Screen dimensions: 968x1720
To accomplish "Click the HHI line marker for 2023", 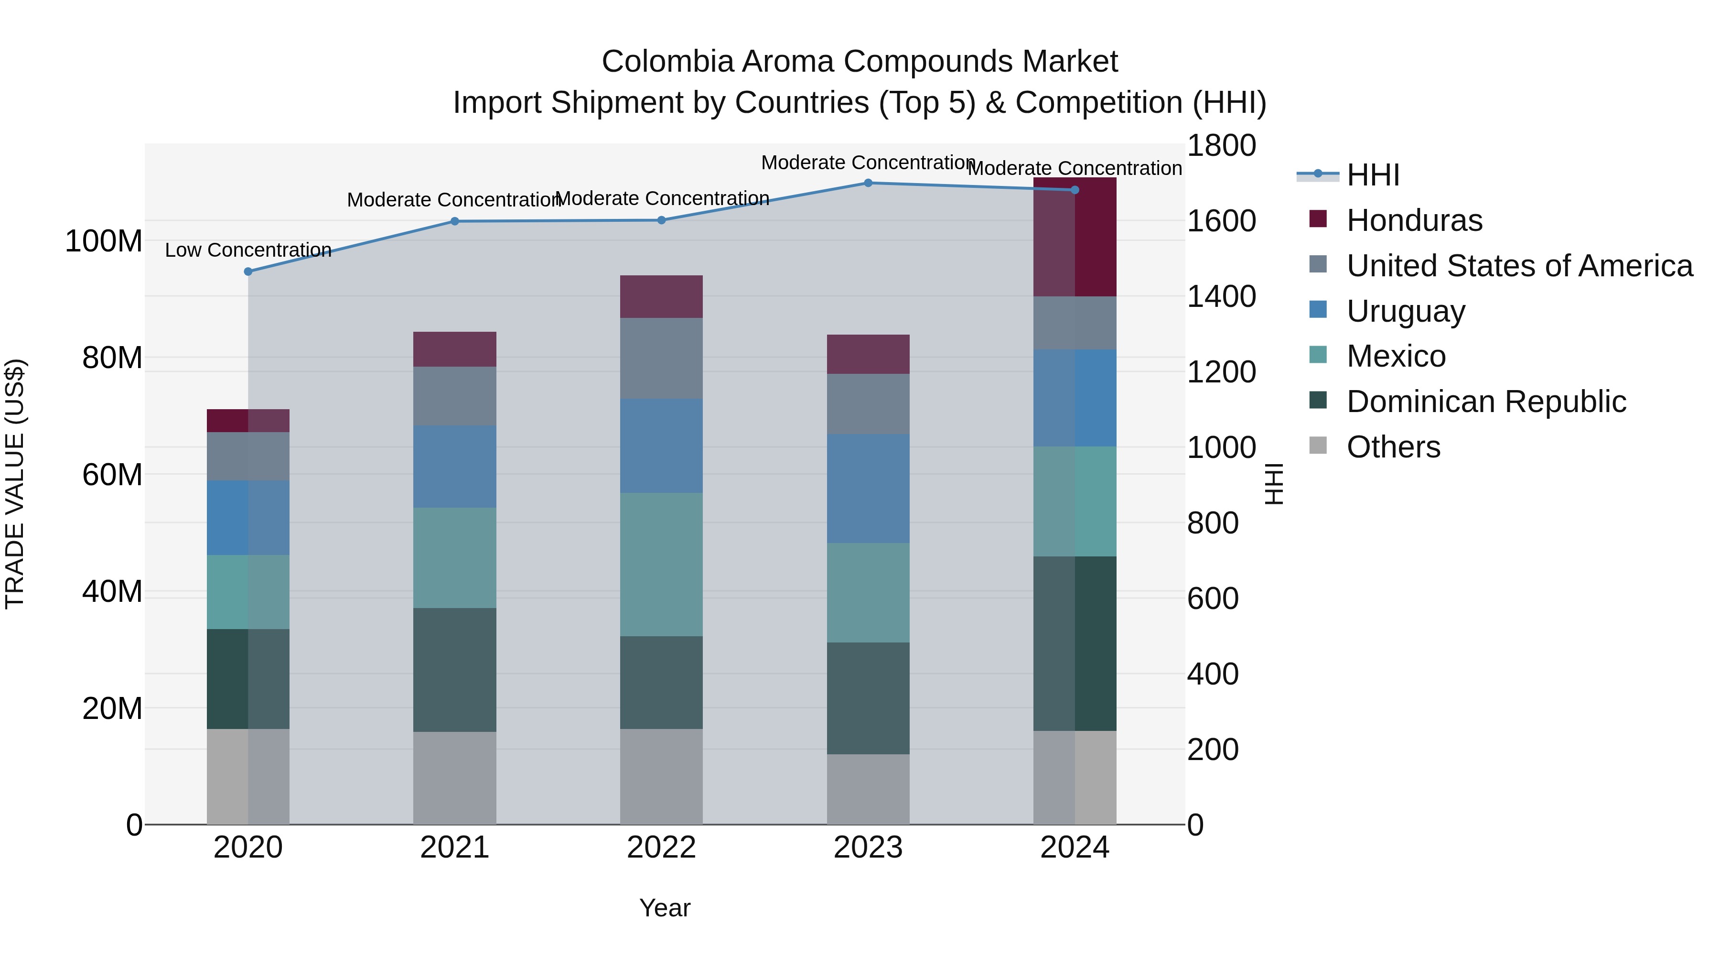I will coord(868,183).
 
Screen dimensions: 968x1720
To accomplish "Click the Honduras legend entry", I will coord(1414,220).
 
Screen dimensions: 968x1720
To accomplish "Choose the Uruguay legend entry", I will coord(1406,311).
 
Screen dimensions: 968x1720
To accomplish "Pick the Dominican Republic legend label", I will coord(1486,402).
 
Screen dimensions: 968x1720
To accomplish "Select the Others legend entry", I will coord(1394,447).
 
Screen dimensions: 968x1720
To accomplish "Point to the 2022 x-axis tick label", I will coord(661,848).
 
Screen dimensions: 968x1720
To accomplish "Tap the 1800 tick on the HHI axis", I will coord(1221,146).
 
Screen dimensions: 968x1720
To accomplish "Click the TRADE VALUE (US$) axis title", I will coord(15,484).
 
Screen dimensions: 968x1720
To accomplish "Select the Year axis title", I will coord(665,908).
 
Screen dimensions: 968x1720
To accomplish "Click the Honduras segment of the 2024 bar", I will coord(1075,237).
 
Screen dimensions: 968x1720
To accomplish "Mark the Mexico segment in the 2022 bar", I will coord(661,565).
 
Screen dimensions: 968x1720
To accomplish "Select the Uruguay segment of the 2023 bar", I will coord(868,489).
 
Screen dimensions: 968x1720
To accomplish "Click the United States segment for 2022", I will coord(661,358).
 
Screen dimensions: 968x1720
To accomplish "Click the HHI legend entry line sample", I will coord(1317,174).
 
